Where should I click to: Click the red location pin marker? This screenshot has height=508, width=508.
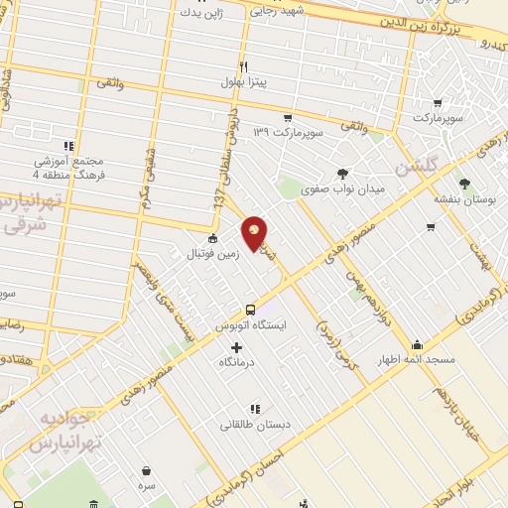coord(255,232)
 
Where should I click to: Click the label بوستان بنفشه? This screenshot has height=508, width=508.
coord(462,198)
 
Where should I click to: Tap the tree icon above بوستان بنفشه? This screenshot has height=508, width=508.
coord(463,182)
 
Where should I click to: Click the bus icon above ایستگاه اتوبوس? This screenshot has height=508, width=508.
coord(250,309)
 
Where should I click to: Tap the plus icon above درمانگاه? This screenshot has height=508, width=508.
coord(236,347)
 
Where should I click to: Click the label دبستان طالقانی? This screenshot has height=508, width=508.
coord(256,424)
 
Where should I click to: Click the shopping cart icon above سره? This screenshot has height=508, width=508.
coord(147,470)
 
